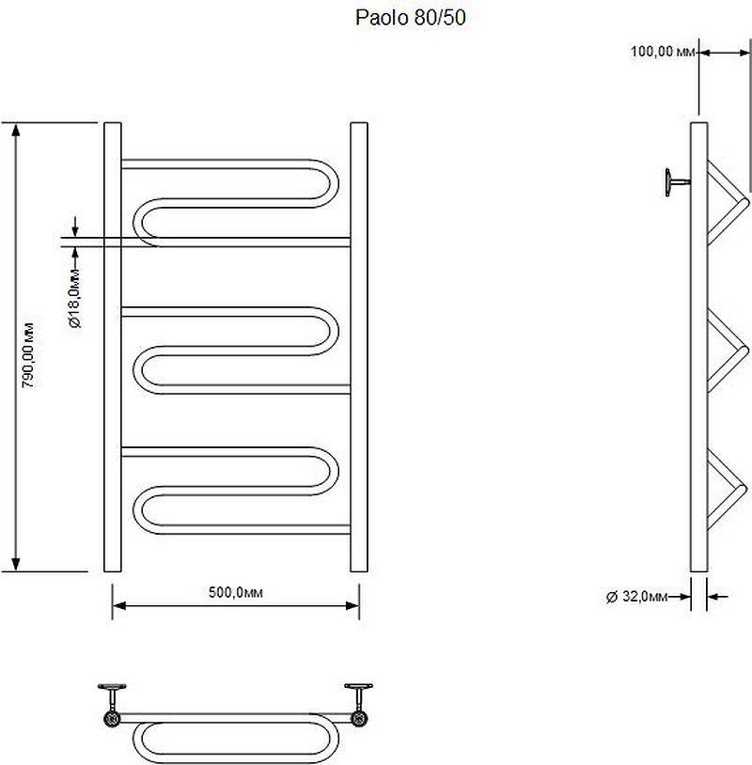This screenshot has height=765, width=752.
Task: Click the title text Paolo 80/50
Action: pos(411,18)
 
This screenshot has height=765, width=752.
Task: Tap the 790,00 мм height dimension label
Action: pos(29,355)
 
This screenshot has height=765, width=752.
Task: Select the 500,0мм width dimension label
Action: pos(236,592)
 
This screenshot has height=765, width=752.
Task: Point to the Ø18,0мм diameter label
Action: pos(75,298)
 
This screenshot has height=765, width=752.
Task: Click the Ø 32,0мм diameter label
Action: pos(636,596)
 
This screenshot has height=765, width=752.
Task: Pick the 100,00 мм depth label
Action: pos(663,52)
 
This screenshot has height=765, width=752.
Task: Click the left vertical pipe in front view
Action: pos(113,347)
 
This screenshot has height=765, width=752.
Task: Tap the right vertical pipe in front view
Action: pos(359,347)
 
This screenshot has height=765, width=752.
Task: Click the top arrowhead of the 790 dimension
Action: pos(16,130)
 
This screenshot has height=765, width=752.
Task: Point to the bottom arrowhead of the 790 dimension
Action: pos(16,565)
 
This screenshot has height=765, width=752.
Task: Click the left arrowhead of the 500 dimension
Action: pos(119,606)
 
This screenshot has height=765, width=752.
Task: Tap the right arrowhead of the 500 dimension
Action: pos(352,606)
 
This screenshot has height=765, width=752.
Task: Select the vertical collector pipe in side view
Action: pos(698,347)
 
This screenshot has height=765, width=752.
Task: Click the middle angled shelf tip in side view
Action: pos(744,351)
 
